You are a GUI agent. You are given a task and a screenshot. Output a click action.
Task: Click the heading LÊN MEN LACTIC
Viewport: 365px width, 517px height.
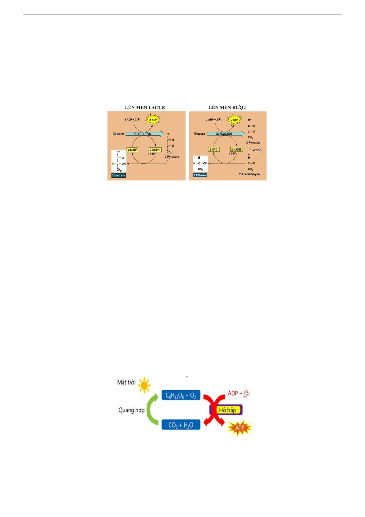click(145, 107)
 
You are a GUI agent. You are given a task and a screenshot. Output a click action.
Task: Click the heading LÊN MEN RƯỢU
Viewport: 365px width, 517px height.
click(228, 107)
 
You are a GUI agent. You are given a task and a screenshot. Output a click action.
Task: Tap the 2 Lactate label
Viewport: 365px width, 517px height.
click(119, 176)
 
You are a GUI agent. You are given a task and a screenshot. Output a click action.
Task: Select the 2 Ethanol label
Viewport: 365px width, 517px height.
click(200, 175)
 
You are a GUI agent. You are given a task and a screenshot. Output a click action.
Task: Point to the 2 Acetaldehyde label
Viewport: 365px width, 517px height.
click(249, 174)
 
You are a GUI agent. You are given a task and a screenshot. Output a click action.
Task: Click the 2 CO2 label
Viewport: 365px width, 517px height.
click(258, 151)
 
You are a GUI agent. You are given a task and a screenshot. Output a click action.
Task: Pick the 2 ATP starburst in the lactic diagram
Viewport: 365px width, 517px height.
click(153, 120)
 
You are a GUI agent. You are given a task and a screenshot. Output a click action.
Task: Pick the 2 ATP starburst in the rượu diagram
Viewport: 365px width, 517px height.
click(234, 120)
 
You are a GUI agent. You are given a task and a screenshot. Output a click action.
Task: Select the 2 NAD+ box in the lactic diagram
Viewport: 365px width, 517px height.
click(133, 150)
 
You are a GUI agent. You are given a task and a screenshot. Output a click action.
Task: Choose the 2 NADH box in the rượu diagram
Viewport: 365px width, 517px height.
click(236, 149)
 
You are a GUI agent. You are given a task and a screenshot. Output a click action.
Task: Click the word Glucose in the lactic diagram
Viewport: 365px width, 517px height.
click(118, 134)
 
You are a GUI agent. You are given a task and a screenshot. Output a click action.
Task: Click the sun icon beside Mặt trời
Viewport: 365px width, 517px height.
click(144, 385)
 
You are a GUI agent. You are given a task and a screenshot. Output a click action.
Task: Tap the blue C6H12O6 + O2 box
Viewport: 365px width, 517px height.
click(181, 395)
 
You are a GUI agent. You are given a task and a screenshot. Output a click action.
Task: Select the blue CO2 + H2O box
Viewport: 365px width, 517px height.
click(181, 425)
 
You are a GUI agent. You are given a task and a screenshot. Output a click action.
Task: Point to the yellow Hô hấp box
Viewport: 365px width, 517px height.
click(227, 410)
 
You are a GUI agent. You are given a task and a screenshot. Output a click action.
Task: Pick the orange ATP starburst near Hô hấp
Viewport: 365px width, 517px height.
click(239, 428)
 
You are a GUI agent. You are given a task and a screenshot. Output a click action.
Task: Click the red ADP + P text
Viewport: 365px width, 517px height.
click(238, 393)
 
